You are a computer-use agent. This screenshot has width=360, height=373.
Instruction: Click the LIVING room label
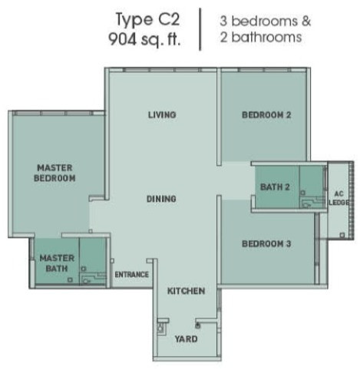pyautogui.click(x=162, y=114)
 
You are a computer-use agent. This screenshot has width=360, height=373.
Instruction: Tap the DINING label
pyautogui.click(x=161, y=199)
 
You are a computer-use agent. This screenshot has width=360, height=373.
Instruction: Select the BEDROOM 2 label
pyautogui.click(x=266, y=115)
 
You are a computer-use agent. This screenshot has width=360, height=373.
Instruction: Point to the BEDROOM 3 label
pyautogui.click(x=266, y=243)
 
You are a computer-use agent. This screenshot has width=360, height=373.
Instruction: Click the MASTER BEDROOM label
pyautogui.click(x=54, y=173)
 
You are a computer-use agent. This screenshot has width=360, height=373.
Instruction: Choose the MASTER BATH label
pyautogui.click(x=57, y=263)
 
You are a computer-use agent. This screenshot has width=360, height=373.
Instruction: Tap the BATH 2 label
pyautogui.click(x=275, y=187)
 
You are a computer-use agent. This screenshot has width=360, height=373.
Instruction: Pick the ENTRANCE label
pyautogui.click(x=131, y=275)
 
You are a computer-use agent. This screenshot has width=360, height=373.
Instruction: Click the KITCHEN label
pyautogui.click(x=186, y=291)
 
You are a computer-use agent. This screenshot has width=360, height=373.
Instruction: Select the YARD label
pyautogui.click(x=186, y=339)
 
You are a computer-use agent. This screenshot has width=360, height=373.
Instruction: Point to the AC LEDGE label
pyautogui.click(x=339, y=198)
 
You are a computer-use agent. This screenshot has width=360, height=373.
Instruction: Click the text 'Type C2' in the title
pyautogui.click(x=148, y=20)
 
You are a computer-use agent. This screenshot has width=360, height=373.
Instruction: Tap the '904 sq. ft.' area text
pyautogui.click(x=144, y=39)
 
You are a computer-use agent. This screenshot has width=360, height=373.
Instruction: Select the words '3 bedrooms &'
pyautogui.click(x=265, y=21)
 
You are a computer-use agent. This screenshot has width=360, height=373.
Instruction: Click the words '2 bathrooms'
pyautogui.click(x=261, y=37)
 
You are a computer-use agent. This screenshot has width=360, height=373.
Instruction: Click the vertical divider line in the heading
pyautogui.click(x=200, y=29)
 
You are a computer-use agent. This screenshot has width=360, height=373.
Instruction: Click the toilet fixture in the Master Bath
pyautogui.click(x=87, y=281)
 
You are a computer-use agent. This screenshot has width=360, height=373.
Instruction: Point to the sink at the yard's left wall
pyautogui.click(x=160, y=328)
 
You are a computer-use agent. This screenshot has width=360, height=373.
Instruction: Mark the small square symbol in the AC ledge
pyautogui.click(x=342, y=235)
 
